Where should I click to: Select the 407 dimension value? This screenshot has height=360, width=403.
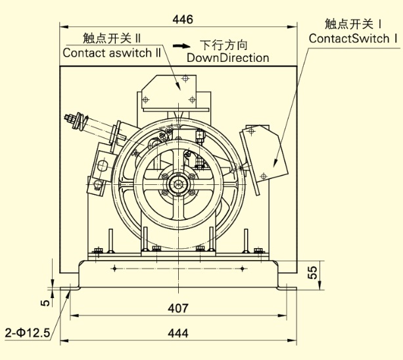178,308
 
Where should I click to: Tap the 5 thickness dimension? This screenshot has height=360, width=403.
44,303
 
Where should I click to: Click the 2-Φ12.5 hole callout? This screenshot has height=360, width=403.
28,333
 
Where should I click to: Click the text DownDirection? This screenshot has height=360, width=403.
227,58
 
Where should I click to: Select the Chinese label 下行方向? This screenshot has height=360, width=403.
224,45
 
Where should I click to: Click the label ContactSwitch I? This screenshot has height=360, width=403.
354,39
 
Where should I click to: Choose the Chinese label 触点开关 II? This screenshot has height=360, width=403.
113,38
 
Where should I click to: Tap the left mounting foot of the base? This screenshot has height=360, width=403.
71,288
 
